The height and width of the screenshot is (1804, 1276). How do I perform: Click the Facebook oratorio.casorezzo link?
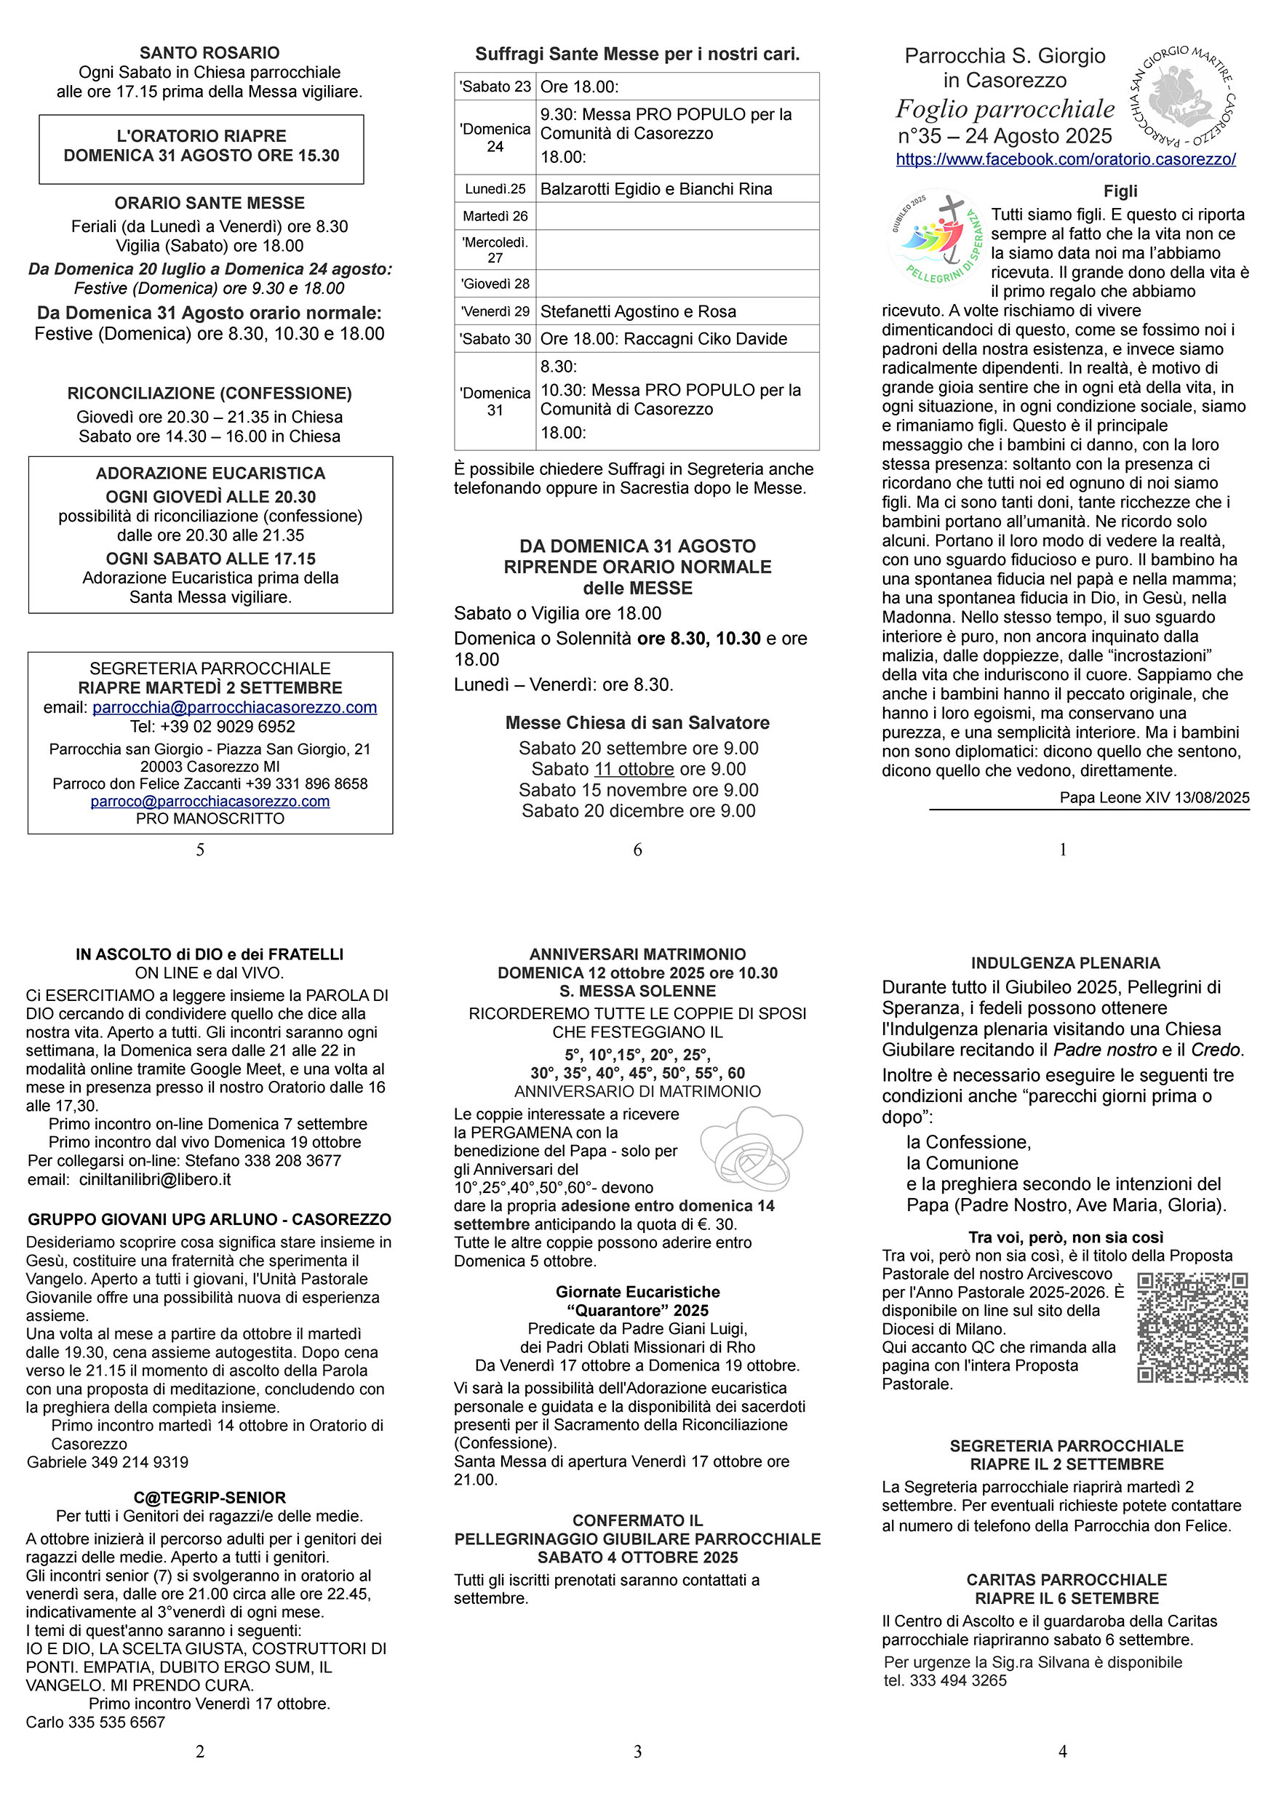(x=1066, y=159)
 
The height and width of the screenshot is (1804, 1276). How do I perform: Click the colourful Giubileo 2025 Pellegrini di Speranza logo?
(x=936, y=239)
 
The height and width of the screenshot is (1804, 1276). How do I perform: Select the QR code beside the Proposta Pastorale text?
(x=1192, y=1327)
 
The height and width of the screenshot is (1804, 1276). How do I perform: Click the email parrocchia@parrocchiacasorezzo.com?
(x=234, y=707)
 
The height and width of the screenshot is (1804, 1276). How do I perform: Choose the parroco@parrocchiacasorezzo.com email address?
(x=210, y=802)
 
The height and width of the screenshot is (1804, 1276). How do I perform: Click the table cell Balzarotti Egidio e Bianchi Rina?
(x=656, y=188)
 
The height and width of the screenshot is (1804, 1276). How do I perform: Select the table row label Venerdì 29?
(x=495, y=311)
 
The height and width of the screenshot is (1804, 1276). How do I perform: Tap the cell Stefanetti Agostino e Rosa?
(x=638, y=311)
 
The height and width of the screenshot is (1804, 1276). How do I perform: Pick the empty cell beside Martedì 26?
(x=677, y=216)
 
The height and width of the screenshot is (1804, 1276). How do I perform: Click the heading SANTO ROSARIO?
(x=209, y=52)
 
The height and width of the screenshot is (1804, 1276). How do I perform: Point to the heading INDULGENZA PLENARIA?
(x=1066, y=963)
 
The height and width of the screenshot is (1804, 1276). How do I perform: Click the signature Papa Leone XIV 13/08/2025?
(x=1154, y=797)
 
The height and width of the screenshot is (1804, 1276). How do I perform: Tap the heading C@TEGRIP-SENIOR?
(x=209, y=1498)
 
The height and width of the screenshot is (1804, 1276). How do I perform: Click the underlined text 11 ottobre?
(x=634, y=769)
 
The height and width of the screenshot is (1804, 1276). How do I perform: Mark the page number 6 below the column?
(x=637, y=850)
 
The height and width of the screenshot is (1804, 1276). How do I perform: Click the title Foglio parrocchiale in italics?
(x=1005, y=108)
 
